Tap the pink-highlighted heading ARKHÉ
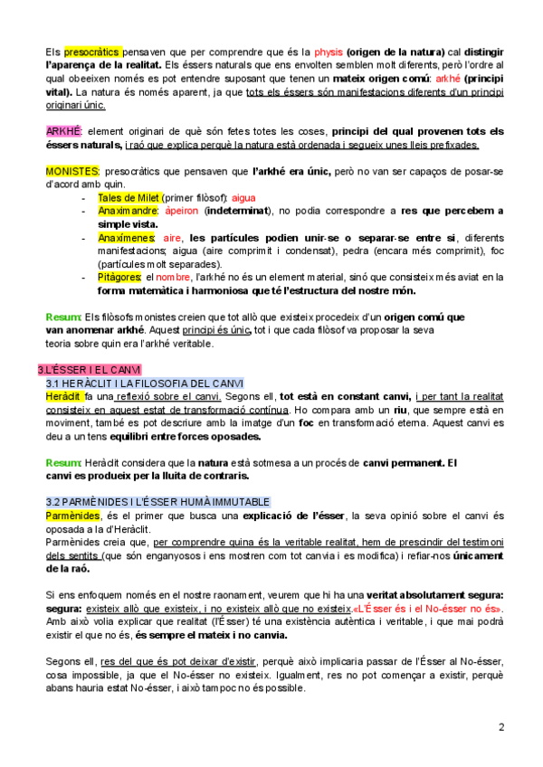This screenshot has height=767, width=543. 63,131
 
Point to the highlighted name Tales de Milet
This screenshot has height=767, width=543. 129,196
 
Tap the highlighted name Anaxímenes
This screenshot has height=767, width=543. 129,237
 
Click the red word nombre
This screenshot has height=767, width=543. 173,277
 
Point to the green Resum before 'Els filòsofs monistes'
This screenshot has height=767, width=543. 62,317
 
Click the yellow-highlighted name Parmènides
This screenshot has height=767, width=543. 72,516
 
